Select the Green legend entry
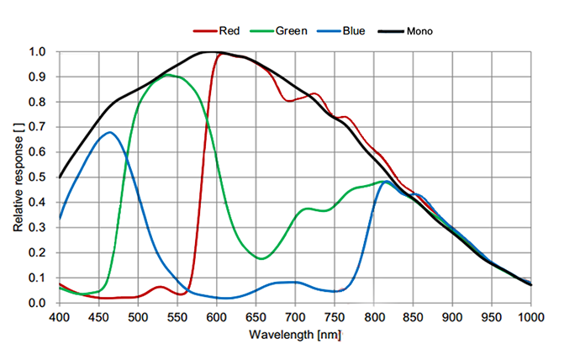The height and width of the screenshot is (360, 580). click(x=283, y=31)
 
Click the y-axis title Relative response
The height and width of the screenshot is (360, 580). click(x=18, y=177)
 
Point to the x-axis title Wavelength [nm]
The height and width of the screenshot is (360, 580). click(x=294, y=336)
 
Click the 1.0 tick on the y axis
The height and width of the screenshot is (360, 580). click(x=39, y=52)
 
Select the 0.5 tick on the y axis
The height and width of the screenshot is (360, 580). click(x=39, y=177)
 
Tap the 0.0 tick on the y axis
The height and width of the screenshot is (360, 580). click(x=39, y=303)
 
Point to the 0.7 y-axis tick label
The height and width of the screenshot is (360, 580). click(x=39, y=127)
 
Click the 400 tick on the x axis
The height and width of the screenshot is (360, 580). click(x=59, y=316)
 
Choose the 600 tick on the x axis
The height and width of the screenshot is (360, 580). click(x=216, y=316)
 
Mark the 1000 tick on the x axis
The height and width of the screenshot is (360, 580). click(x=530, y=316)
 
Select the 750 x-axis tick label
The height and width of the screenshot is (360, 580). click(x=335, y=316)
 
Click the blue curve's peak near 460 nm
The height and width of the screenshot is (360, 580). click(x=109, y=132)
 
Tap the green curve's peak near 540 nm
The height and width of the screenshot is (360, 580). click(x=168, y=75)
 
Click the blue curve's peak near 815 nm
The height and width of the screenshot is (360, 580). click(x=386, y=182)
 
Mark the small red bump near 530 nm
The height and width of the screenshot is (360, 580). click(x=161, y=287)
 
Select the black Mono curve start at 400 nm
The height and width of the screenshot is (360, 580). click(x=60, y=177)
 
